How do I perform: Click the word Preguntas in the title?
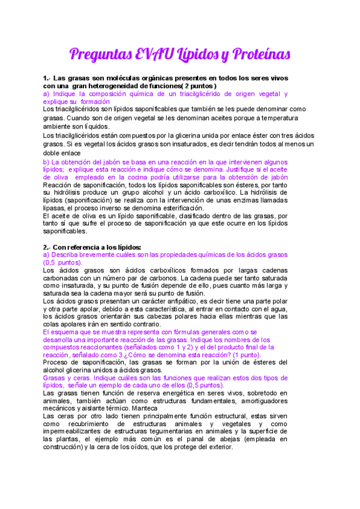(x=103, y=55)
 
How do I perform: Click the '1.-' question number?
(x=47, y=79)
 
